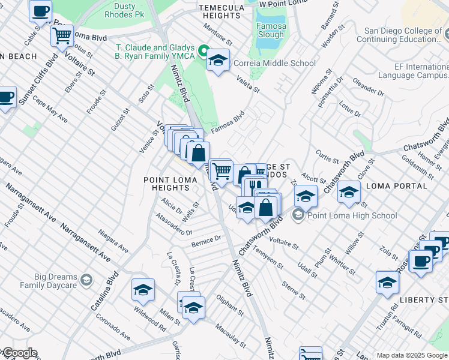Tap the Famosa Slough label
click(x=271, y=31)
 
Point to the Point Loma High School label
click(x=352, y=215)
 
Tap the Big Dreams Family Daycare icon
click(x=86, y=280)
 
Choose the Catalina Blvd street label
click(x=101, y=300)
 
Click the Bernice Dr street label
click(x=206, y=241)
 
